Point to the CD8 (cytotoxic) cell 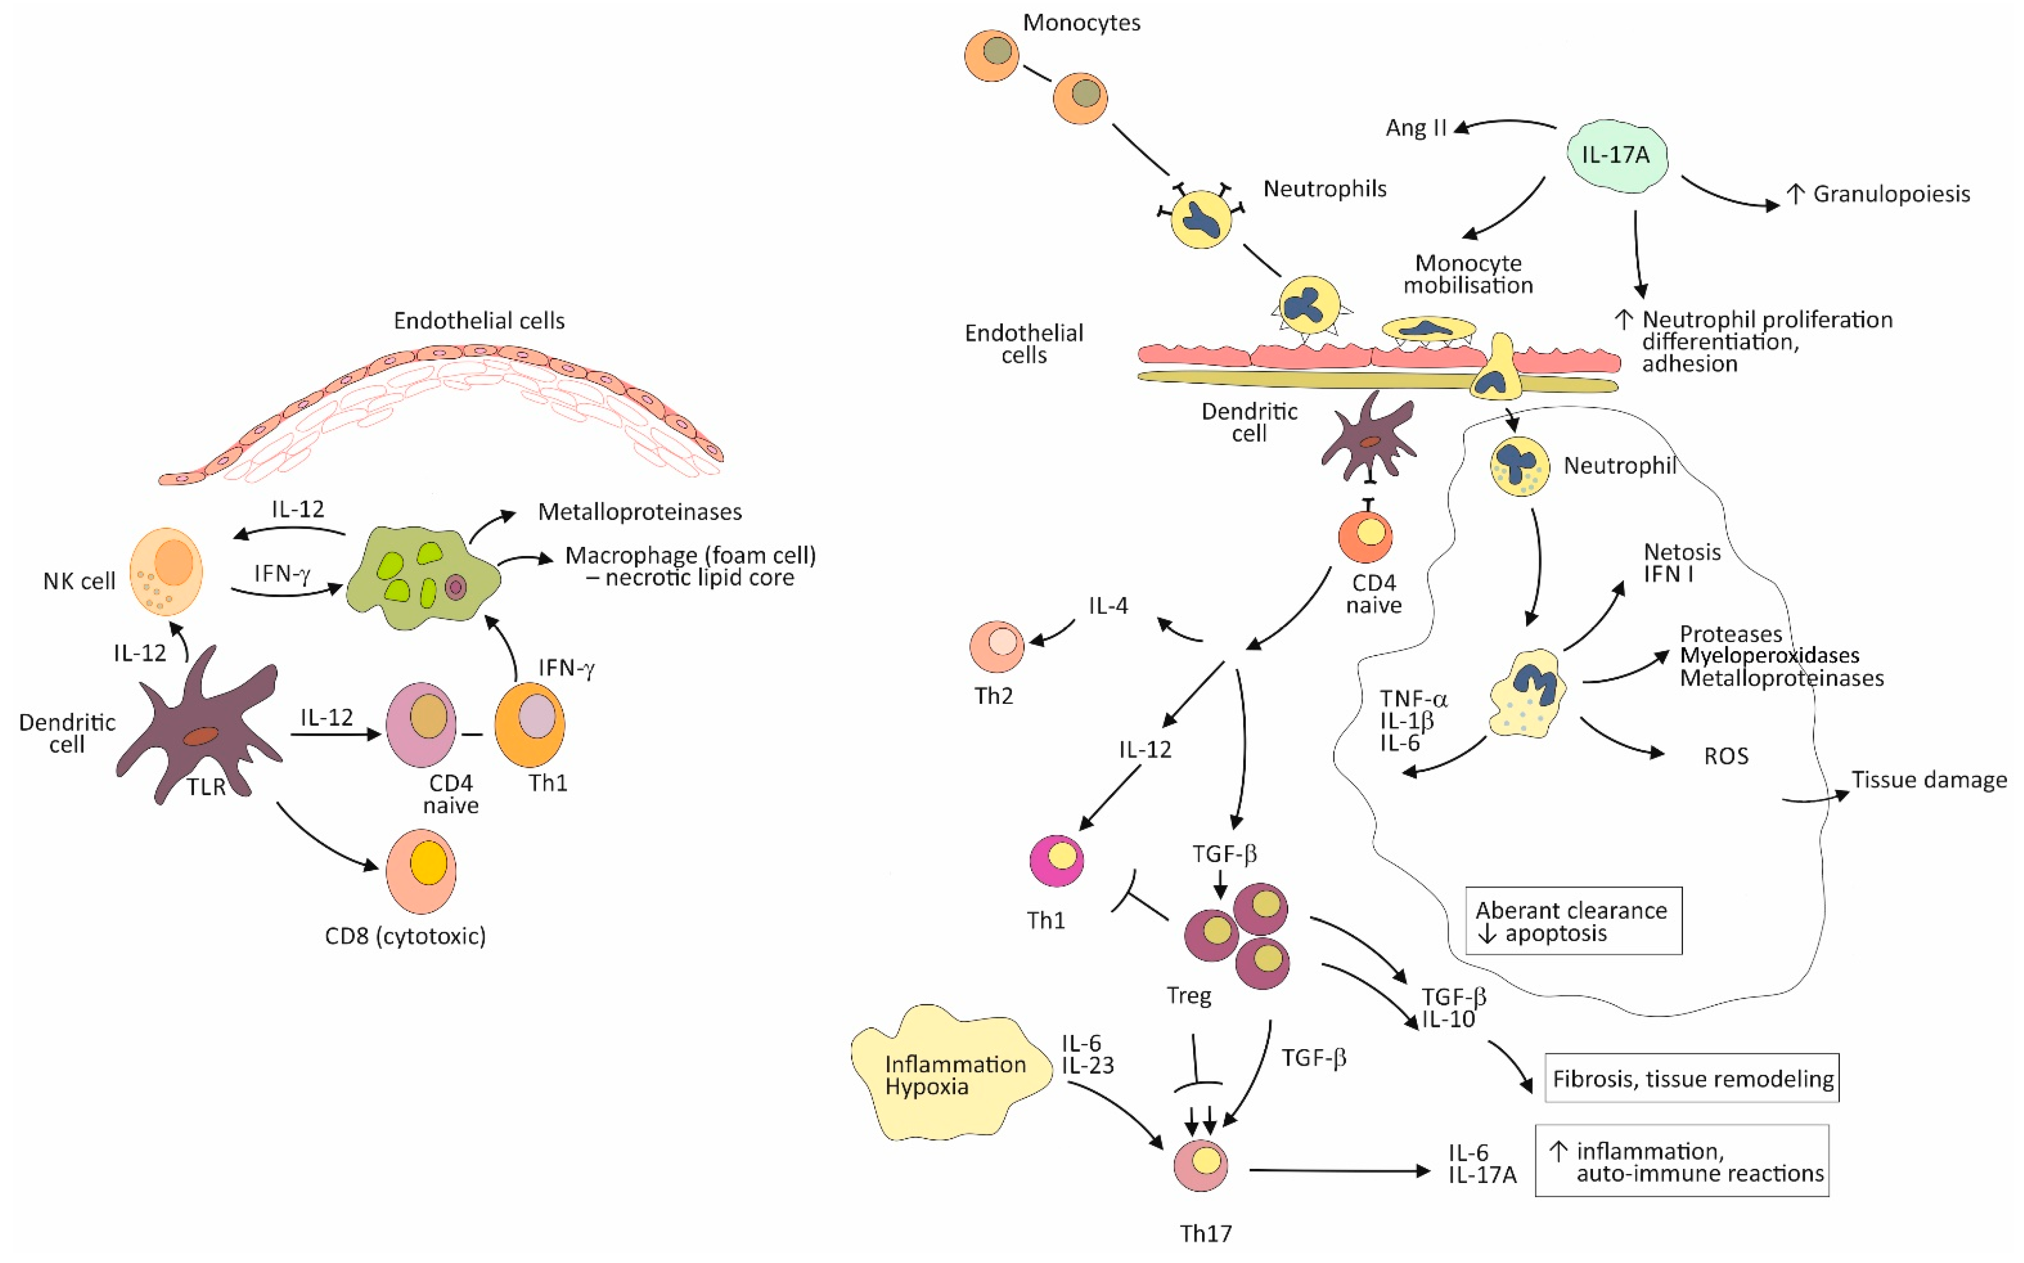point(421,871)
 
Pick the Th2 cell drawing point(997,646)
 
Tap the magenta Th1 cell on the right point(1057,860)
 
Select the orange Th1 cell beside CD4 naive point(529,725)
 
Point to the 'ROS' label point(1726,756)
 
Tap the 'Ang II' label point(1415,128)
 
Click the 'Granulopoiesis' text point(1891,194)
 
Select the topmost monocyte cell point(992,55)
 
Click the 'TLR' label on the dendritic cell point(206,787)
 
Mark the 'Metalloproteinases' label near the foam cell point(640,511)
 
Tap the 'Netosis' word point(1682,552)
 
